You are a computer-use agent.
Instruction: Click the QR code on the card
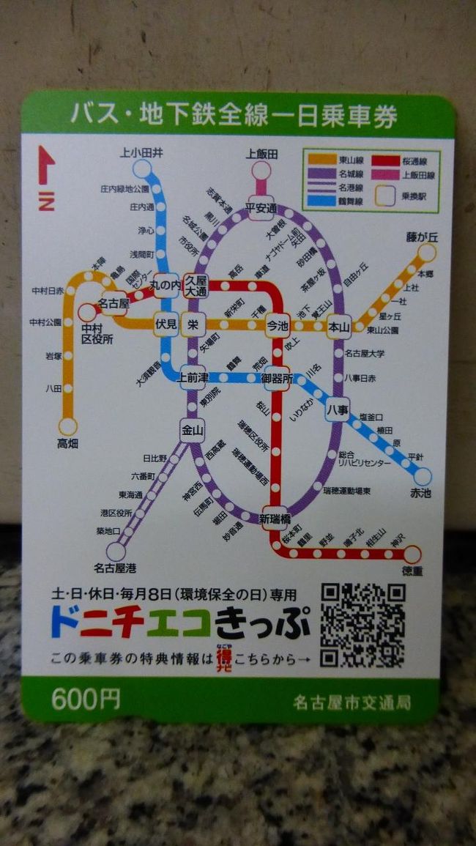362,625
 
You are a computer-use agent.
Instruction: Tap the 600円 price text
86,700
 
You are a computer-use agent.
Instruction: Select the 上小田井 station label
142,153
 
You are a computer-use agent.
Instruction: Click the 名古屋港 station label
115,568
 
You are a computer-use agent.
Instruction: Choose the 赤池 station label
420,493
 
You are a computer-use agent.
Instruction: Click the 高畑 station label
67,443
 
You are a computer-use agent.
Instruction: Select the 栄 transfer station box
193,324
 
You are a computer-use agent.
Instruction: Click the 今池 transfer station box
277,324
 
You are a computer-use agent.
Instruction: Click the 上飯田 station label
261,153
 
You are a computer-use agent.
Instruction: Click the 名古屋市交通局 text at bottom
352,702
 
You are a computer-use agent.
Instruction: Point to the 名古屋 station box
114,303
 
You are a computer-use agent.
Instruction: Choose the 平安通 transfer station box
261,207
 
